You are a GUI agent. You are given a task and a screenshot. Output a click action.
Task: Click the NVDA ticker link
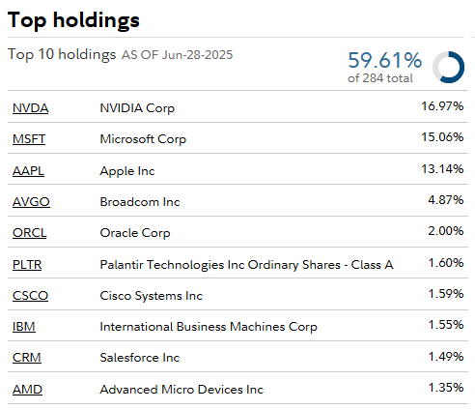click(x=30, y=108)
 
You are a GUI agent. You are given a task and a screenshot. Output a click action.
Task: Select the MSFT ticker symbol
click(x=29, y=139)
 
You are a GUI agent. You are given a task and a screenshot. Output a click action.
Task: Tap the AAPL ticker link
click(x=29, y=171)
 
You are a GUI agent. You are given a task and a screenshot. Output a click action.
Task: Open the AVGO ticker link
click(x=31, y=202)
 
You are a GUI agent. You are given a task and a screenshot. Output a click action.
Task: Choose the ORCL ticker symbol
click(x=30, y=233)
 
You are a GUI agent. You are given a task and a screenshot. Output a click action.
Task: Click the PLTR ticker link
click(x=28, y=264)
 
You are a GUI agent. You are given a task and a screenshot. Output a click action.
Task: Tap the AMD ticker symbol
click(x=27, y=390)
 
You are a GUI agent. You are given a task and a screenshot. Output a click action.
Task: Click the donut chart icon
click(x=448, y=66)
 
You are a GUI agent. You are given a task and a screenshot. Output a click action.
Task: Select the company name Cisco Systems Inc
click(x=152, y=296)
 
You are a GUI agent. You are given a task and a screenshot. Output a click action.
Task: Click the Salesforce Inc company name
click(x=140, y=358)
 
